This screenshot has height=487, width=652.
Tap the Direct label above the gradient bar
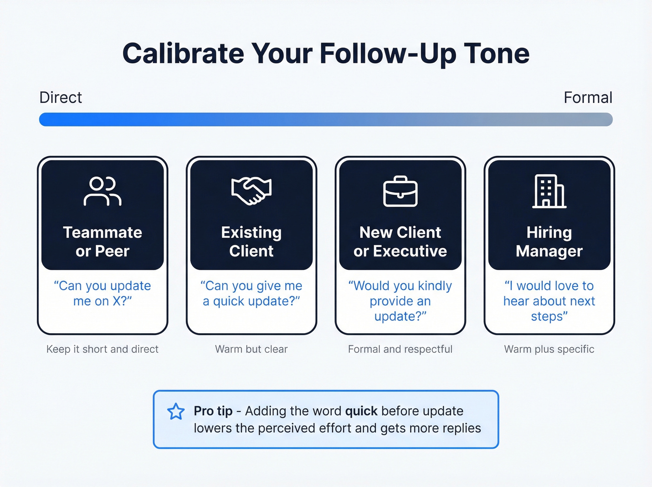(61, 97)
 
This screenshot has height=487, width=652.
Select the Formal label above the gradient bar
(588, 97)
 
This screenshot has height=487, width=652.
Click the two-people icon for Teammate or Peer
(102, 191)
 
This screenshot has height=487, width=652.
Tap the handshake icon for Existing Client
(251, 191)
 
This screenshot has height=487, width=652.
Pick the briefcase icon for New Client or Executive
(400, 191)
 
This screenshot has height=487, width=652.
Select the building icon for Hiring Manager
(549, 191)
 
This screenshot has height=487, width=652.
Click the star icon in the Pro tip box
(176, 412)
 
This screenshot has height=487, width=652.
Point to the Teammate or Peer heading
(102, 241)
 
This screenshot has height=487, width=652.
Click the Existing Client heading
(251, 241)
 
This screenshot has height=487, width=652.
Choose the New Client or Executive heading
(400, 241)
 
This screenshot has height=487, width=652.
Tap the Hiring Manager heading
(549, 241)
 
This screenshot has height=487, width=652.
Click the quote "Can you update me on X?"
(102, 293)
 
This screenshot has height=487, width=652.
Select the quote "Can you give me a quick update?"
(251, 293)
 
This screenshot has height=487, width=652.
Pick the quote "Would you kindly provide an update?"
(400, 301)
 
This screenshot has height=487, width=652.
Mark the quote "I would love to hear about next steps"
(549, 301)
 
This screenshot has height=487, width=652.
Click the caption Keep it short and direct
(102, 349)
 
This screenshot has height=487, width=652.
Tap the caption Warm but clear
(251, 349)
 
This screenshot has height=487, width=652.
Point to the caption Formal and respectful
(400, 349)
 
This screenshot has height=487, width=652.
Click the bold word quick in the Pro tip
(361, 411)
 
